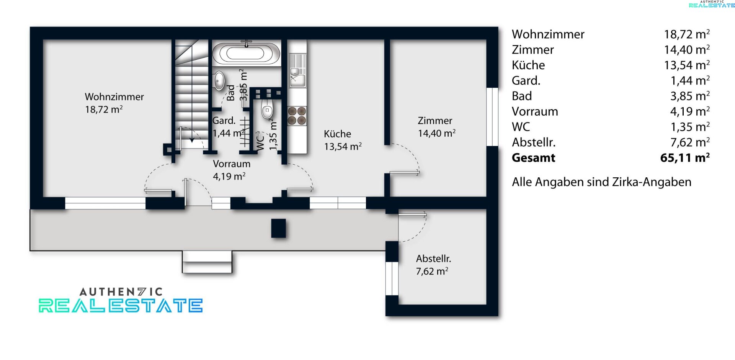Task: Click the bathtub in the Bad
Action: coord(246,53)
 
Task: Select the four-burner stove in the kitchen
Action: coord(297,116)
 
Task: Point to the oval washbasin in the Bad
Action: coord(219,81)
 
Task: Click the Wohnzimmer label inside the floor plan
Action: coord(114,97)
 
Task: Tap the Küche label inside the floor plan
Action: coord(337,134)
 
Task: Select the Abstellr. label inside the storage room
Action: coord(433,259)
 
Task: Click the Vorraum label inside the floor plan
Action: coord(232,164)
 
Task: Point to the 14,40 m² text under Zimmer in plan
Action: coord(437,133)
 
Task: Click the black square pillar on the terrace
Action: coord(278,228)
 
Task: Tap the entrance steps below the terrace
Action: coord(207,262)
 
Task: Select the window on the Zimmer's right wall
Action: coord(492,117)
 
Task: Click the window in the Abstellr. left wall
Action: coord(392,278)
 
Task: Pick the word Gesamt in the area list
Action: coord(533,158)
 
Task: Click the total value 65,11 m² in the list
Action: coord(685,158)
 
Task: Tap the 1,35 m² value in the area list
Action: coord(690,127)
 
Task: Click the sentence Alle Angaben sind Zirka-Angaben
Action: coord(601,182)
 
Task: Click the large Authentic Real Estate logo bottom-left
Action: coord(121,300)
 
